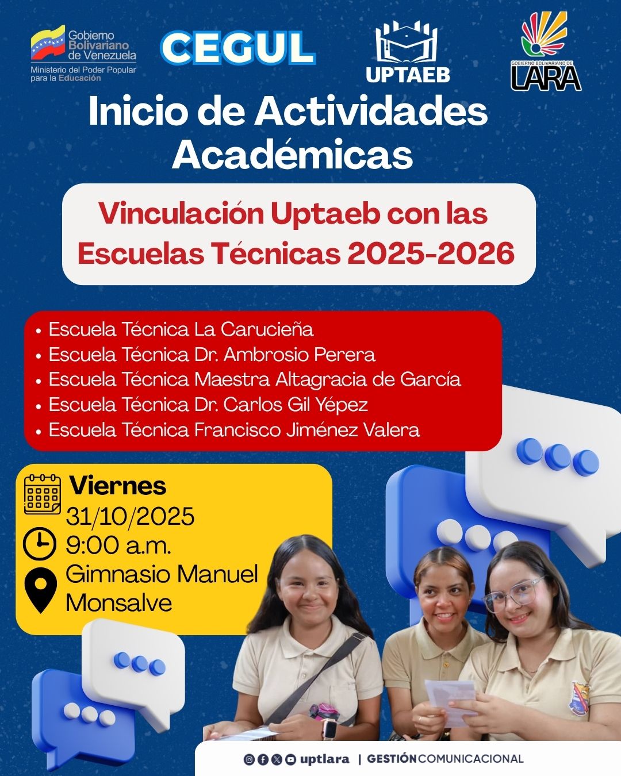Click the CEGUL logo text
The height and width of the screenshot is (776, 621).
(237, 48)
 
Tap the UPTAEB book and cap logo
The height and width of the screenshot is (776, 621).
(407, 44)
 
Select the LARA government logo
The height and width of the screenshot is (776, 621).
(545, 52)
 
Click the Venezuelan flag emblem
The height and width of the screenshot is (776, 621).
(48, 44)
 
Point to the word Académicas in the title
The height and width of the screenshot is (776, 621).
(292, 155)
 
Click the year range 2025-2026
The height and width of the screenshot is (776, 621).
(431, 253)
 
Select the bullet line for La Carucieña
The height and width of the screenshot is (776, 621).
(181, 329)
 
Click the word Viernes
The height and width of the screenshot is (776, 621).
(118, 486)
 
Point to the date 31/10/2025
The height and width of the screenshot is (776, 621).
(130, 516)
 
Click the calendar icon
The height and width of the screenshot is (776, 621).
(42, 494)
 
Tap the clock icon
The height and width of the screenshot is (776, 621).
(40, 543)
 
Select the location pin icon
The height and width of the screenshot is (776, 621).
(40, 587)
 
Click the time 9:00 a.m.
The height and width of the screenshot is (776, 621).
(118, 545)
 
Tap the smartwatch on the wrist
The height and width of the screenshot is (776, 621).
(329, 728)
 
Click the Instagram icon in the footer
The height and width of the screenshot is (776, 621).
(249, 759)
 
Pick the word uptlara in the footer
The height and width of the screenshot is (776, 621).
(324, 759)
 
